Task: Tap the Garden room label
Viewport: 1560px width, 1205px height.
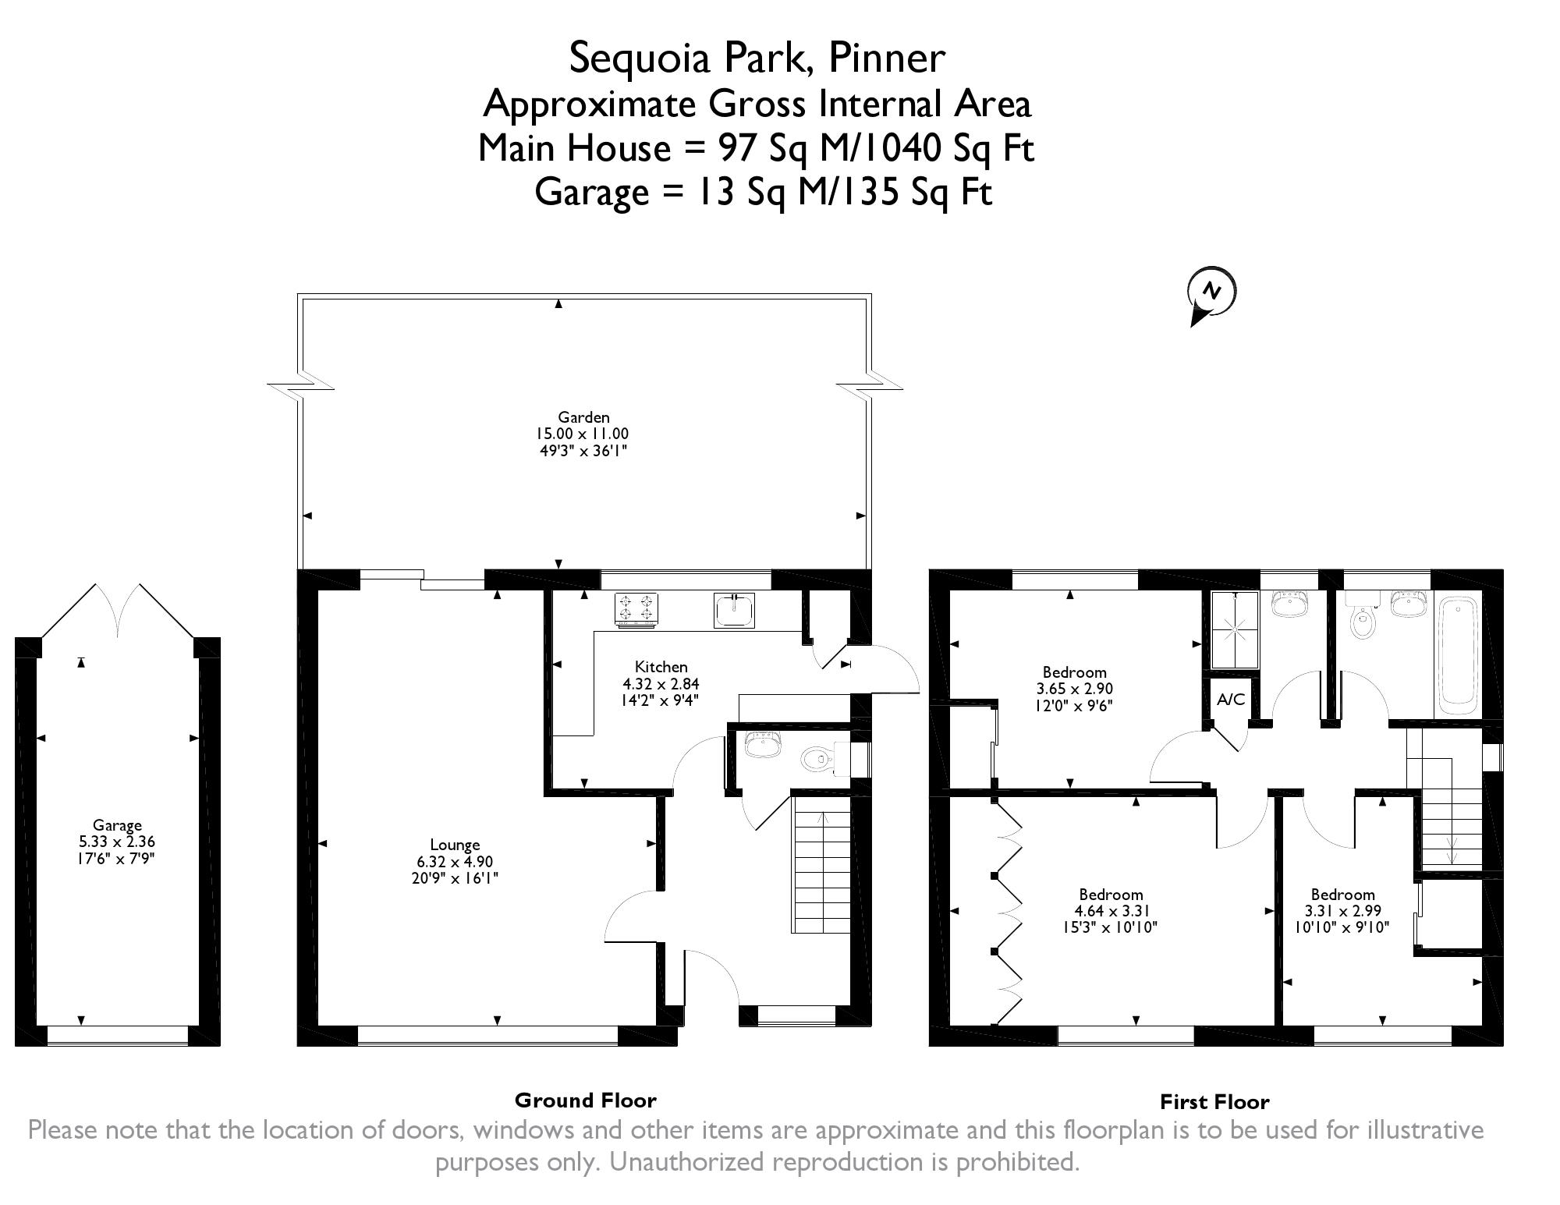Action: pyautogui.click(x=583, y=417)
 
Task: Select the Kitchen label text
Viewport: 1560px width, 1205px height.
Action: pyautogui.click(x=661, y=667)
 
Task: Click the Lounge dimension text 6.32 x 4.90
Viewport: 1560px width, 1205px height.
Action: pyautogui.click(x=456, y=862)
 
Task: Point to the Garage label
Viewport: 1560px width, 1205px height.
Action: pyautogui.click(x=117, y=825)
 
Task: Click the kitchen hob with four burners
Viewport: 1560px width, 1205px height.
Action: pyautogui.click(x=637, y=609)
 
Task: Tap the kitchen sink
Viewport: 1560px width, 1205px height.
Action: pyautogui.click(x=734, y=610)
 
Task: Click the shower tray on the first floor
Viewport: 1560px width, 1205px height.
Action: pyautogui.click(x=1235, y=630)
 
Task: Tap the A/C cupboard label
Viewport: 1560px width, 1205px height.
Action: pyautogui.click(x=1231, y=700)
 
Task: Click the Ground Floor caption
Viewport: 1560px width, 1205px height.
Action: pyautogui.click(x=586, y=1100)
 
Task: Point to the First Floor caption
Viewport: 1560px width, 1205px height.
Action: pyautogui.click(x=1215, y=1102)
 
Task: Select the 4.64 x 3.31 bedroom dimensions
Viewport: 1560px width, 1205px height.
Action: pyautogui.click(x=1111, y=911)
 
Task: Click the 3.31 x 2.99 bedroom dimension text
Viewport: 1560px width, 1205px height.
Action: pyautogui.click(x=1343, y=911)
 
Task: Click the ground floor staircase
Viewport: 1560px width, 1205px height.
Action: pyautogui.click(x=822, y=871)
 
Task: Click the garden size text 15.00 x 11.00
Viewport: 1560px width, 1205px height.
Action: pyautogui.click(x=582, y=434)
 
